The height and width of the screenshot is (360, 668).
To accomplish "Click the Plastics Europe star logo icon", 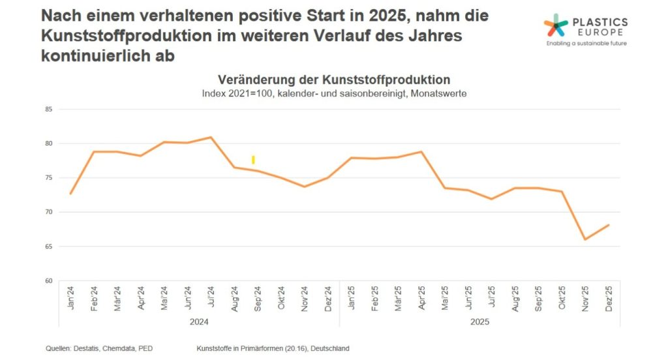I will click(x=556, y=26).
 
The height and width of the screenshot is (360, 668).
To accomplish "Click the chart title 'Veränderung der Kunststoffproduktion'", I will click(x=334, y=80).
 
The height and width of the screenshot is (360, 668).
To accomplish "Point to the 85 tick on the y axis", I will click(x=48, y=109).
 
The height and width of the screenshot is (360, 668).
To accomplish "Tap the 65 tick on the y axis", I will click(x=48, y=247).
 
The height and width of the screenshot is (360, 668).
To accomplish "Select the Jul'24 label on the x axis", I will click(x=211, y=297).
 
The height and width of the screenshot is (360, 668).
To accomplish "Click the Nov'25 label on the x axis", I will click(x=585, y=297).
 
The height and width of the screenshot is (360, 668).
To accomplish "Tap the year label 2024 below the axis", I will click(x=199, y=322).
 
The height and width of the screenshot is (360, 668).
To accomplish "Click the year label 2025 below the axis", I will click(x=479, y=322).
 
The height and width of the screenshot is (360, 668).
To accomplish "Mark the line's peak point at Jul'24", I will click(x=211, y=137).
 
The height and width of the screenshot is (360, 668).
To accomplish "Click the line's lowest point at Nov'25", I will click(x=585, y=239).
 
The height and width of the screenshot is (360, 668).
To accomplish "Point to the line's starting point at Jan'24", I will click(x=70, y=194).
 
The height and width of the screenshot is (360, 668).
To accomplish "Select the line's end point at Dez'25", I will click(x=609, y=225).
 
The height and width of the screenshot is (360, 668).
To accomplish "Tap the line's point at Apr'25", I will click(x=421, y=151).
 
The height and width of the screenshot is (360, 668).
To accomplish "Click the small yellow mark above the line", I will click(x=253, y=160).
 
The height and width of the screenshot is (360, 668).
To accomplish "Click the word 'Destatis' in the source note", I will click(x=87, y=348).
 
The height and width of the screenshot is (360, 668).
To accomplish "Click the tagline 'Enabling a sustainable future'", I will click(x=586, y=44).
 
